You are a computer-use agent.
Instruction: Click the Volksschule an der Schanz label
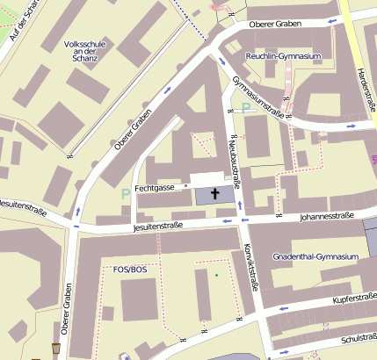[x=86, y=52]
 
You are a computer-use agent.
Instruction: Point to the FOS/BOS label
[x=130, y=269]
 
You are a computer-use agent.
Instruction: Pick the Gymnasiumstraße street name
[x=260, y=97]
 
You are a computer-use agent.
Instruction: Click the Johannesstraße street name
[x=326, y=216]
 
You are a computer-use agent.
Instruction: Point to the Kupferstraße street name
[x=354, y=299]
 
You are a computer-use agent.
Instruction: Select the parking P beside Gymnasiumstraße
[x=246, y=108]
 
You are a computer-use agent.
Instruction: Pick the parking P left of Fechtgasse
[x=126, y=192]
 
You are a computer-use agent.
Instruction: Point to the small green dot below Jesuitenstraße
[x=217, y=277]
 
